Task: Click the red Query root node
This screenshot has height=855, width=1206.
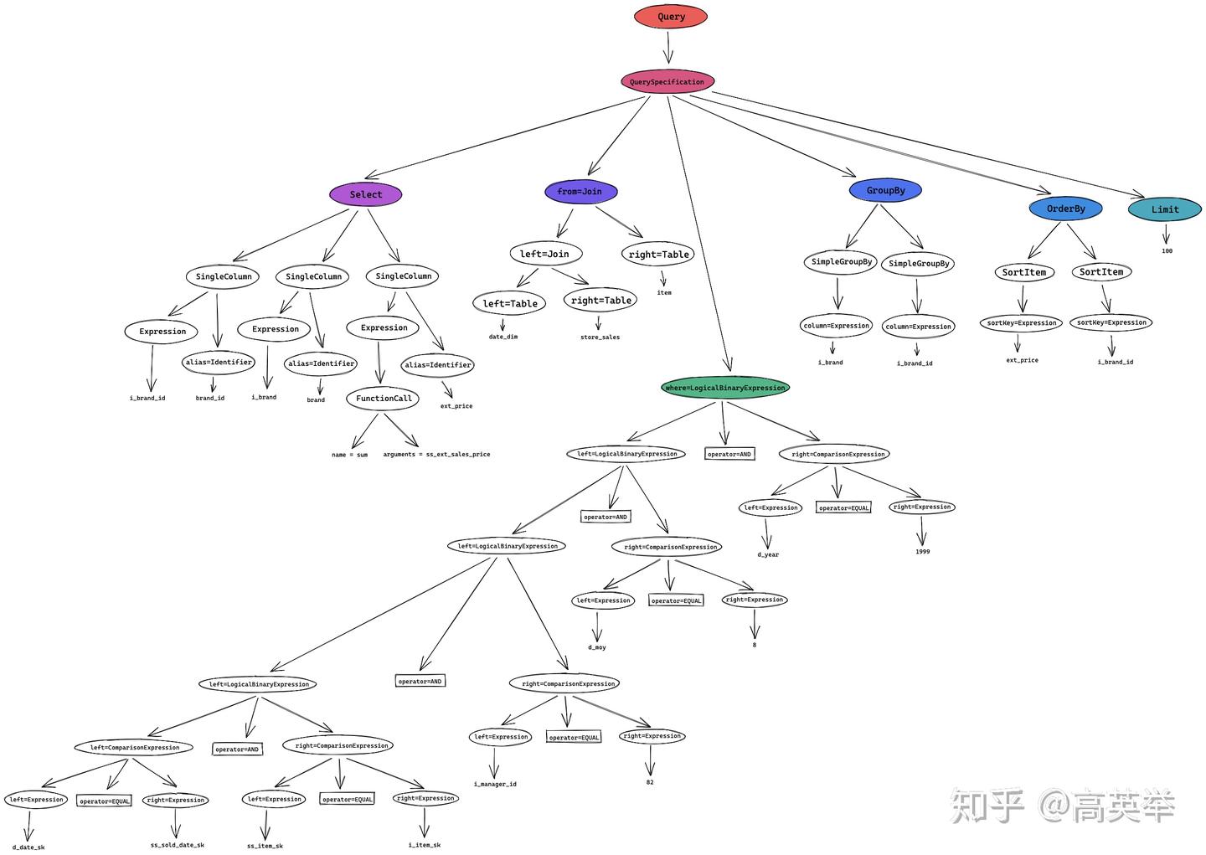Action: tap(671, 17)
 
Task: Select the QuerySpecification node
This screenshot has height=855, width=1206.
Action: tap(667, 82)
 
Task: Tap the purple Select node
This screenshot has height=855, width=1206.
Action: tap(365, 194)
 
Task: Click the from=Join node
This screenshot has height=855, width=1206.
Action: tap(580, 192)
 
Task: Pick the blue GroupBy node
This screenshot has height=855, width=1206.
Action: tap(885, 190)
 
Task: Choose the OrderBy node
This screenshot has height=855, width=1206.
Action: tap(1065, 209)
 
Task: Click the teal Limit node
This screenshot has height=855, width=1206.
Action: tap(1164, 209)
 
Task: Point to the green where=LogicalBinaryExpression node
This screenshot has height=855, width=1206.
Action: tap(724, 388)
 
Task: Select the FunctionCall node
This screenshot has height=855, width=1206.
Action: tap(384, 399)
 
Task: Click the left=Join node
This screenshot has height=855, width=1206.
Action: tap(544, 254)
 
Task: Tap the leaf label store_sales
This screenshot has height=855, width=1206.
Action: tap(600, 337)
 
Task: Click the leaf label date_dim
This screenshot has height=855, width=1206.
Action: tap(503, 337)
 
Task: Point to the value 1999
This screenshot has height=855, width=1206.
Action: tap(922, 552)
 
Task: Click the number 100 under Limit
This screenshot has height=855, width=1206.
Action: tap(1167, 251)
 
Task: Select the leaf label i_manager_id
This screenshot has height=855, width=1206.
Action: tap(495, 785)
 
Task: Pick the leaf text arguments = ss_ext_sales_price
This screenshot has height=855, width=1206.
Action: tap(436, 455)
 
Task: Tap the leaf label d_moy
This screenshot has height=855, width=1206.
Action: tap(597, 647)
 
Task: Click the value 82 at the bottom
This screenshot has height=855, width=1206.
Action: tap(650, 782)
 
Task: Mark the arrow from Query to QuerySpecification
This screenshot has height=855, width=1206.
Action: tap(668, 49)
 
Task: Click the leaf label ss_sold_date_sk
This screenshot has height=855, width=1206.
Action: tap(178, 845)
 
